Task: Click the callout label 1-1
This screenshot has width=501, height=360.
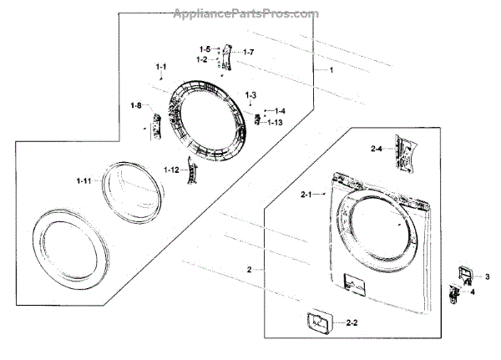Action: tap(161, 66)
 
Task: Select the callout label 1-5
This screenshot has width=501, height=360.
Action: tap(205, 49)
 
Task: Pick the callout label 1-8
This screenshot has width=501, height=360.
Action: tap(136, 105)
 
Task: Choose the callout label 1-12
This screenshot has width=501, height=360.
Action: tap(171, 170)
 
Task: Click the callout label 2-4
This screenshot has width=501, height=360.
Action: tap(377, 148)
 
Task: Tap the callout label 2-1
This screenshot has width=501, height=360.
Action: tap(306, 195)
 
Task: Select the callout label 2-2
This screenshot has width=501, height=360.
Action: tap(352, 322)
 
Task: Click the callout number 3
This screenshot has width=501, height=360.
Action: tap(488, 276)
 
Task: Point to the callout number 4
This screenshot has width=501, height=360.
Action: tap(473, 292)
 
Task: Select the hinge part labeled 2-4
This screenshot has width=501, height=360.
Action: tap(406, 153)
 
